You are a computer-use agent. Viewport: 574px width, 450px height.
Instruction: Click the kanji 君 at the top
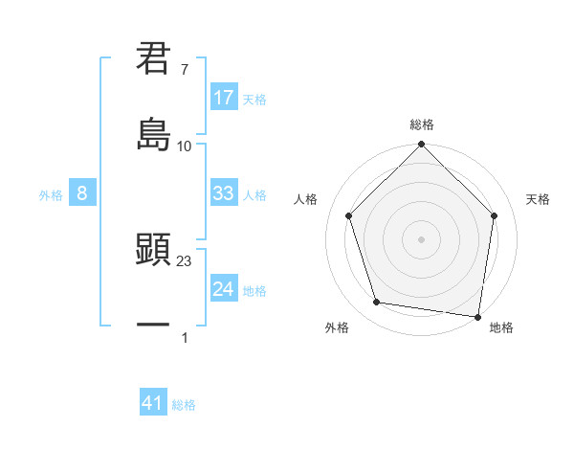(153, 59)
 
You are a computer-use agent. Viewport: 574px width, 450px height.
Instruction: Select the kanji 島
(153, 133)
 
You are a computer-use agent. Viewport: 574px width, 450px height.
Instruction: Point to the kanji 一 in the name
(153, 326)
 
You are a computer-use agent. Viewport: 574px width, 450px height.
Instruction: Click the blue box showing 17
(224, 98)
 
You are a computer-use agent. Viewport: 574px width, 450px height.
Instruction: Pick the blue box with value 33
(224, 193)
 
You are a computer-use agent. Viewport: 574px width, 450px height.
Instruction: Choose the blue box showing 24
(224, 289)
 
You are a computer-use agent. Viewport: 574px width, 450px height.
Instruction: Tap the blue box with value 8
(82, 193)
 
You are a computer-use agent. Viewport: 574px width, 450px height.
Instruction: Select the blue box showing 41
(153, 403)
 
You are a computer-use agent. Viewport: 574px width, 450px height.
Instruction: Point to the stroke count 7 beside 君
(184, 71)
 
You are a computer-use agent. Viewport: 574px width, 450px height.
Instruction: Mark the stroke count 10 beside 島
(185, 146)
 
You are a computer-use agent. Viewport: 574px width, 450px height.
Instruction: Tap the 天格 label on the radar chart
(539, 199)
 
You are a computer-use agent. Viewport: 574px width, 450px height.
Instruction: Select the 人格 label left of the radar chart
(306, 199)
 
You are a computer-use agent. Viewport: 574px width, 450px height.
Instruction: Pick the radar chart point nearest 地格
(477, 316)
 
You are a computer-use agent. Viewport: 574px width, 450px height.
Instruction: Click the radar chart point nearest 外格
(377, 303)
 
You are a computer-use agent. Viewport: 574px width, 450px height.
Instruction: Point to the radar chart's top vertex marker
(422, 146)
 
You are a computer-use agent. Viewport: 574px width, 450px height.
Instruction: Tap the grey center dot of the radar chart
(422, 238)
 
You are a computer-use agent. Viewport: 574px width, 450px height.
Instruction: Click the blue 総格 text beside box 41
(184, 405)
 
